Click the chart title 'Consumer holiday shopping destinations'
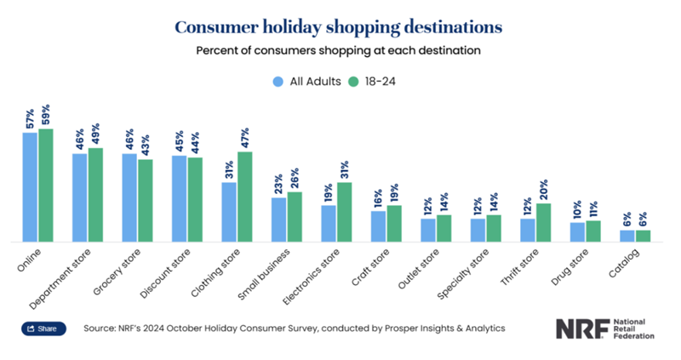point(339,26)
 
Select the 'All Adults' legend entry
point(308,82)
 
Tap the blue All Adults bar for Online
point(30,187)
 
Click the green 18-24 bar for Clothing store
point(245,197)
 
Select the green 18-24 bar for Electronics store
point(344,212)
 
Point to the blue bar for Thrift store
point(528,230)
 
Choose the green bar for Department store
point(95,195)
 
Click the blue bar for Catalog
point(627,236)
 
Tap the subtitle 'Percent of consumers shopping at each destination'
point(339,51)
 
